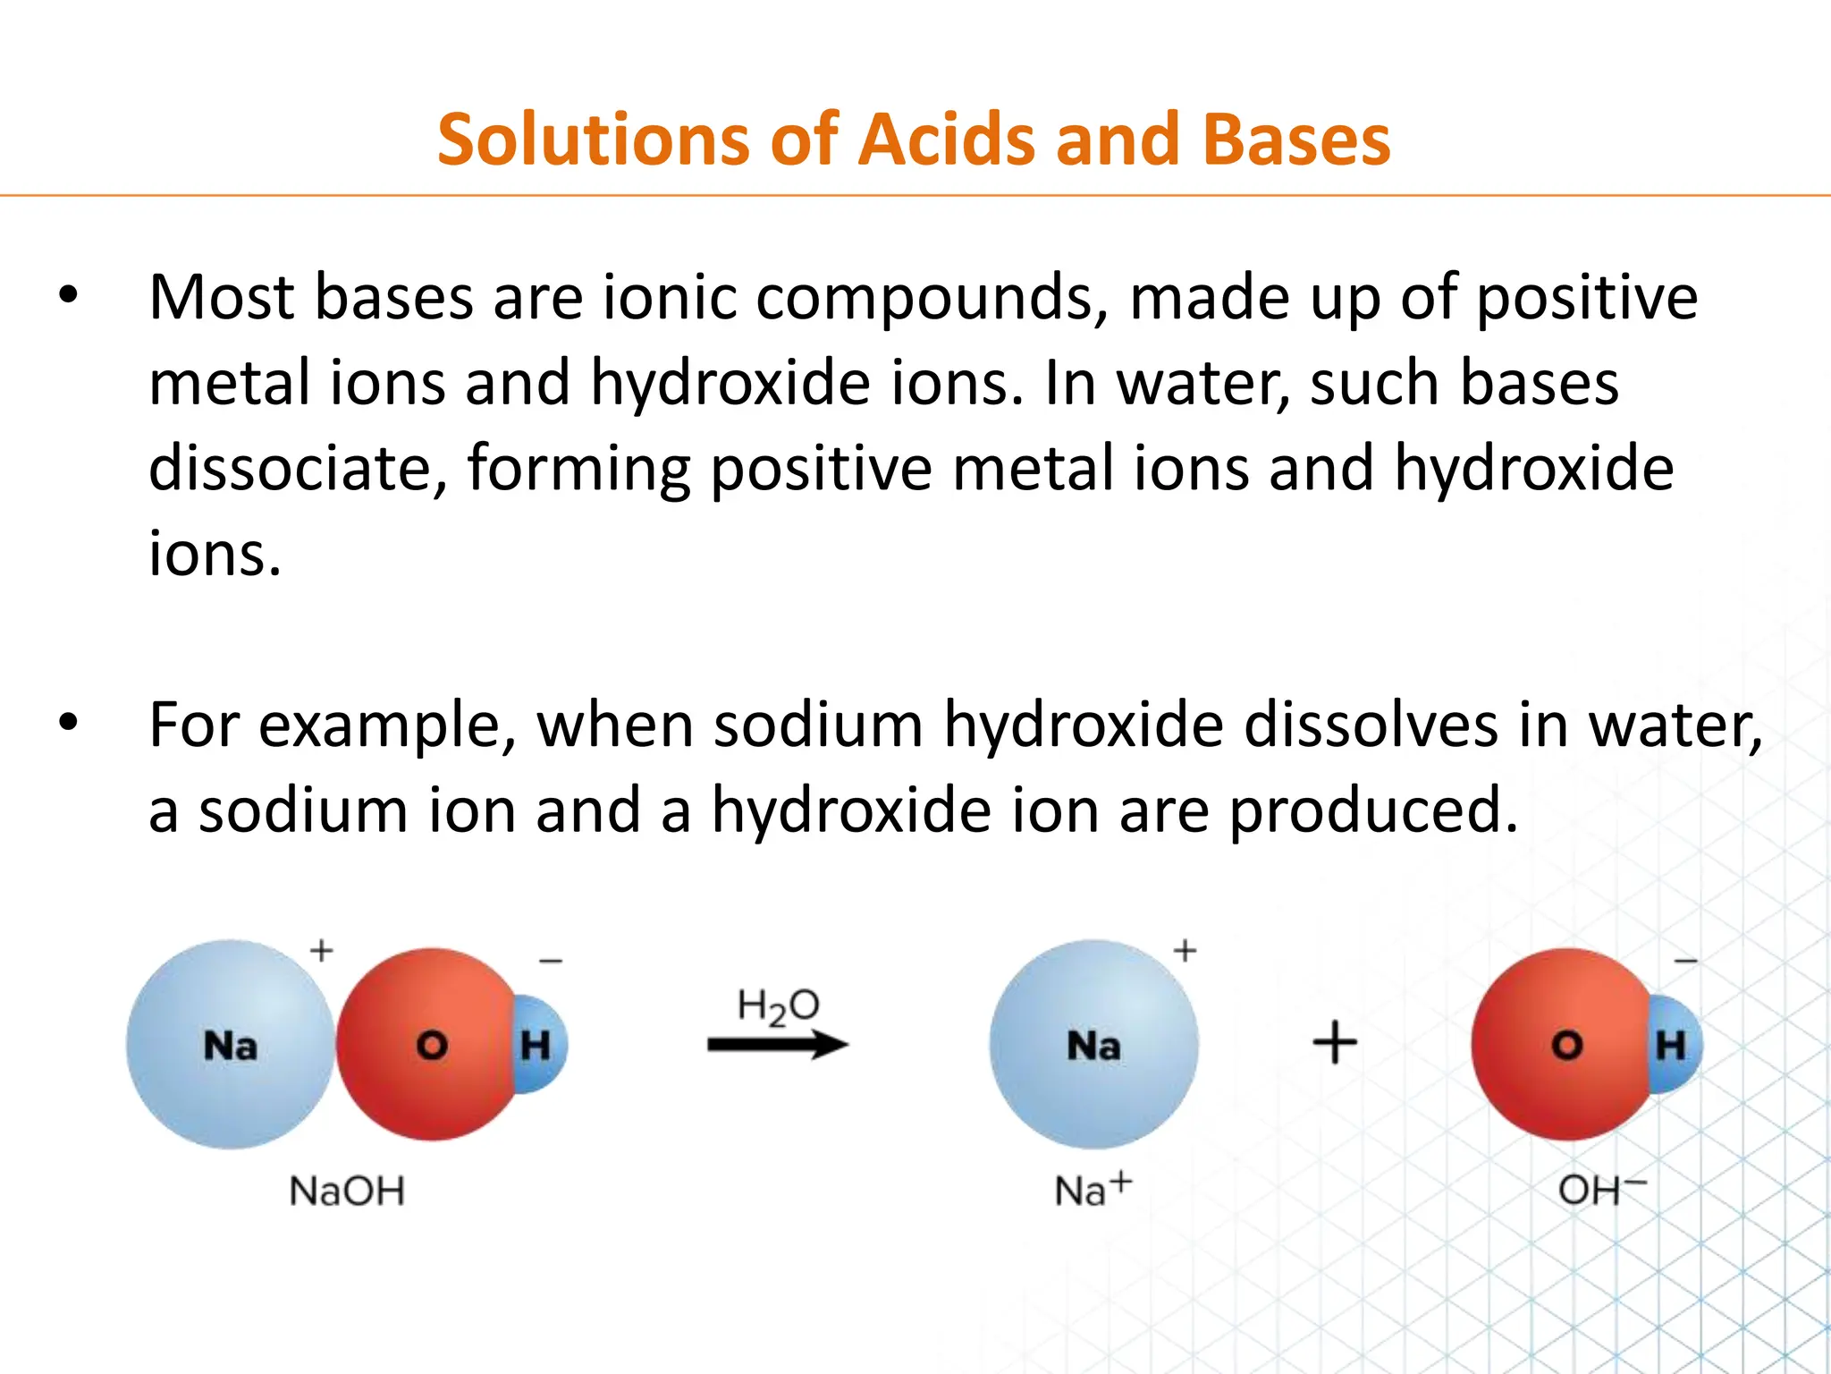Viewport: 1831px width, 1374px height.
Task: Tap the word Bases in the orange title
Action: coord(1295,140)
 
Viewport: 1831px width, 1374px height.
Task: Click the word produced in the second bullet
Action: coord(1373,810)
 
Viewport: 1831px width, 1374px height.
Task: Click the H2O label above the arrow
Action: coord(778,1007)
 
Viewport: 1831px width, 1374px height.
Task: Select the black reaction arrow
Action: coord(778,1045)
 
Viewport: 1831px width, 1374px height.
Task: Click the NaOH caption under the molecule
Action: coord(347,1192)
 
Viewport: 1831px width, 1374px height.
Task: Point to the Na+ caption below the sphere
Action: coord(1093,1190)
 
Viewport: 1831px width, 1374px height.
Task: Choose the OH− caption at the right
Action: coord(1601,1190)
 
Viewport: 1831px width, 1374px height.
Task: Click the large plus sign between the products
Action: coord(1335,1043)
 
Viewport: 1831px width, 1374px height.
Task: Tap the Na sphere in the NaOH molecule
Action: coord(230,1045)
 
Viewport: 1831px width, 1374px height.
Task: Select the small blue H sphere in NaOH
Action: coord(542,1045)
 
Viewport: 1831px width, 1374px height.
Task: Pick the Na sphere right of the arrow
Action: coord(1093,1045)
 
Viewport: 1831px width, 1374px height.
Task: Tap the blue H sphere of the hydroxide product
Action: coord(1675,1045)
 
